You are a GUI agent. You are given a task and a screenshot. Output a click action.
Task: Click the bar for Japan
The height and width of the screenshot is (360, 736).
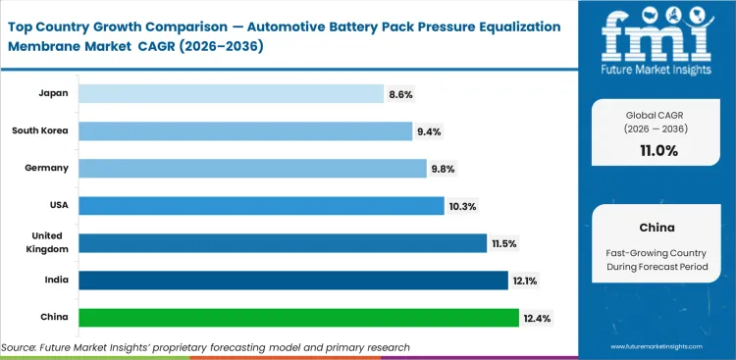[x=231, y=93]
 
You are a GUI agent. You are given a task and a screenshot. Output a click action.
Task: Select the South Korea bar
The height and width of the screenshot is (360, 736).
[x=245, y=130]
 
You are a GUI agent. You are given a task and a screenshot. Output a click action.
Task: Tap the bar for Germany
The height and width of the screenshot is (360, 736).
[x=252, y=168]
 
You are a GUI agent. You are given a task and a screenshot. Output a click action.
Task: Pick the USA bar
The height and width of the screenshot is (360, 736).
[x=260, y=205]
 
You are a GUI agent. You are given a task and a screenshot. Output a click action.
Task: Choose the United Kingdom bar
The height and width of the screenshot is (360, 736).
[x=283, y=242]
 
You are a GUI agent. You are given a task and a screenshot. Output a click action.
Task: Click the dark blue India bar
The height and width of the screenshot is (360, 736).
[x=293, y=281]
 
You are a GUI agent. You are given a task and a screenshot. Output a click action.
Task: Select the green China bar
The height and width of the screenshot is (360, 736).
[x=298, y=318]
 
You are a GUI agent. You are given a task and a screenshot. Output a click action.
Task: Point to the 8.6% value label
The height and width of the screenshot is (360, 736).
[x=401, y=93]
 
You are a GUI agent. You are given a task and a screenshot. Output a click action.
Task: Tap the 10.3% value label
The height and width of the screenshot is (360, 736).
[x=462, y=205]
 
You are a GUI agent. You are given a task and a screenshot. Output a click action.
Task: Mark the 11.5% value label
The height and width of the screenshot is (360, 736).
[x=504, y=242]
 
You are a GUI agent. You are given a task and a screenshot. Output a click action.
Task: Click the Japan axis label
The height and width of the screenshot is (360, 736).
[x=53, y=93]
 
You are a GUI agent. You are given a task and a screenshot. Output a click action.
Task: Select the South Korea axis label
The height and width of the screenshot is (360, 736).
[x=40, y=130]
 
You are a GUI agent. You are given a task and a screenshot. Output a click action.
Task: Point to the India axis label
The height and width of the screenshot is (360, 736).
[x=56, y=281]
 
